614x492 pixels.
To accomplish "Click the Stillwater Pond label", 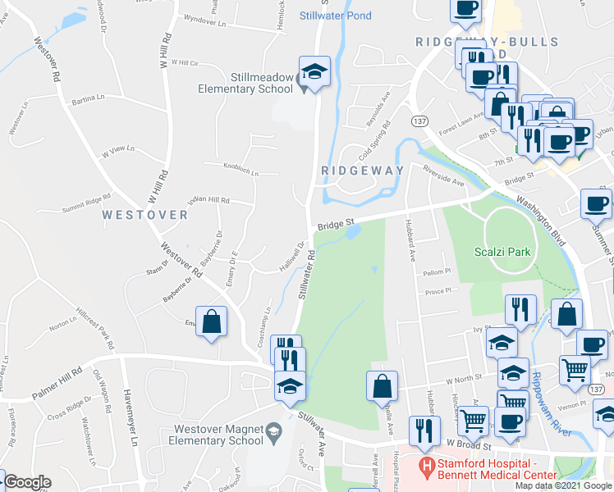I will (x=335, y=16).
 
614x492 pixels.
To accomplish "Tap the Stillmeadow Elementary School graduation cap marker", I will (x=314, y=73).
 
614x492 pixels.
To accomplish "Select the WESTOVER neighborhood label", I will (x=145, y=215).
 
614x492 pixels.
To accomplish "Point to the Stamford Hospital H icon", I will (x=426, y=468).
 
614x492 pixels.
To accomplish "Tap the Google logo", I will (x=27, y=482).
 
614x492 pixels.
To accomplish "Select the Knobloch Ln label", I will (x=241, y=173).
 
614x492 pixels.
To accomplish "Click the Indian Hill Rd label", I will (x=210, y=200).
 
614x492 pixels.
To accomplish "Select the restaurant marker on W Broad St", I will (x=424, y=431).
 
